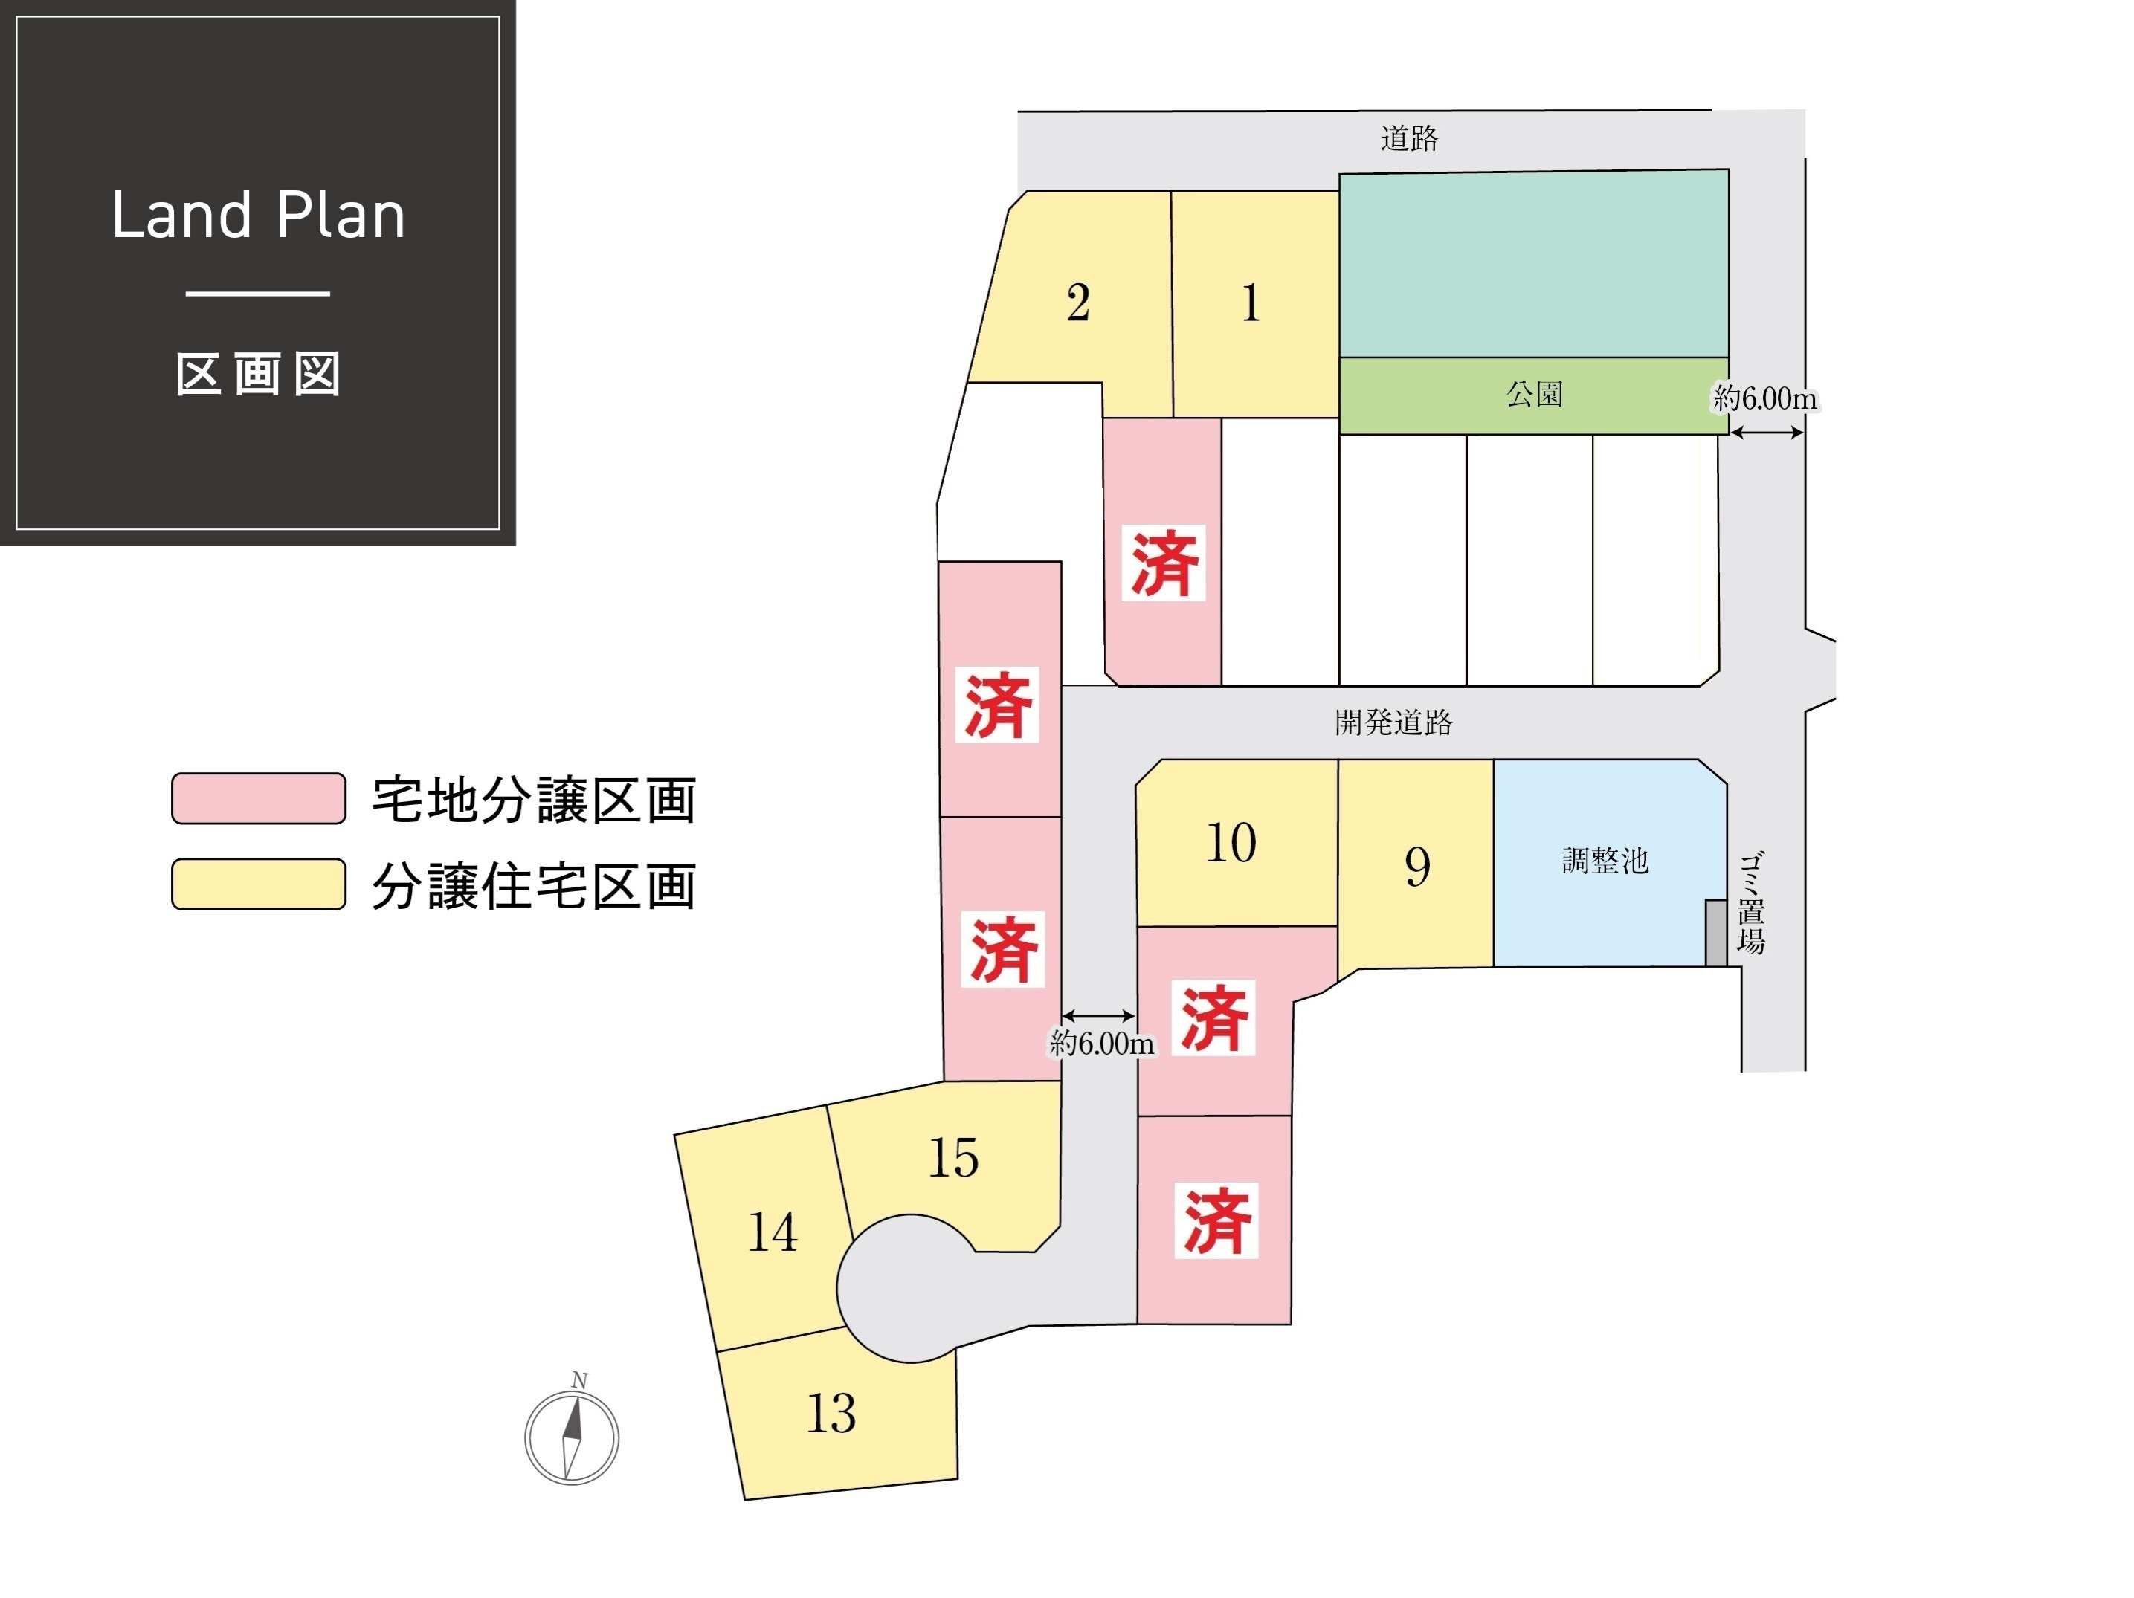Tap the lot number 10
click(1231, 843)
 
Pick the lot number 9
click(1417, 866)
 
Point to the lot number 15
click(953, 1157)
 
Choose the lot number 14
click(773, 1232)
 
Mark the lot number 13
click(831, 1414)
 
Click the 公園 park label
click(1535, 393)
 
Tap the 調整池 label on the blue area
click(1605, 860)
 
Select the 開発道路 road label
click(1394, 722)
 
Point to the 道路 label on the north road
click(1410, 139)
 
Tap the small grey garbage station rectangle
click(1716, 933)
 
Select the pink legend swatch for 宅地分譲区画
click(259, 798)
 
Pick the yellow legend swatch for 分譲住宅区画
click(259, 884)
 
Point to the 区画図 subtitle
click(259, 374)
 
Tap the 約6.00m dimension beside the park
click(1764, 398)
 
